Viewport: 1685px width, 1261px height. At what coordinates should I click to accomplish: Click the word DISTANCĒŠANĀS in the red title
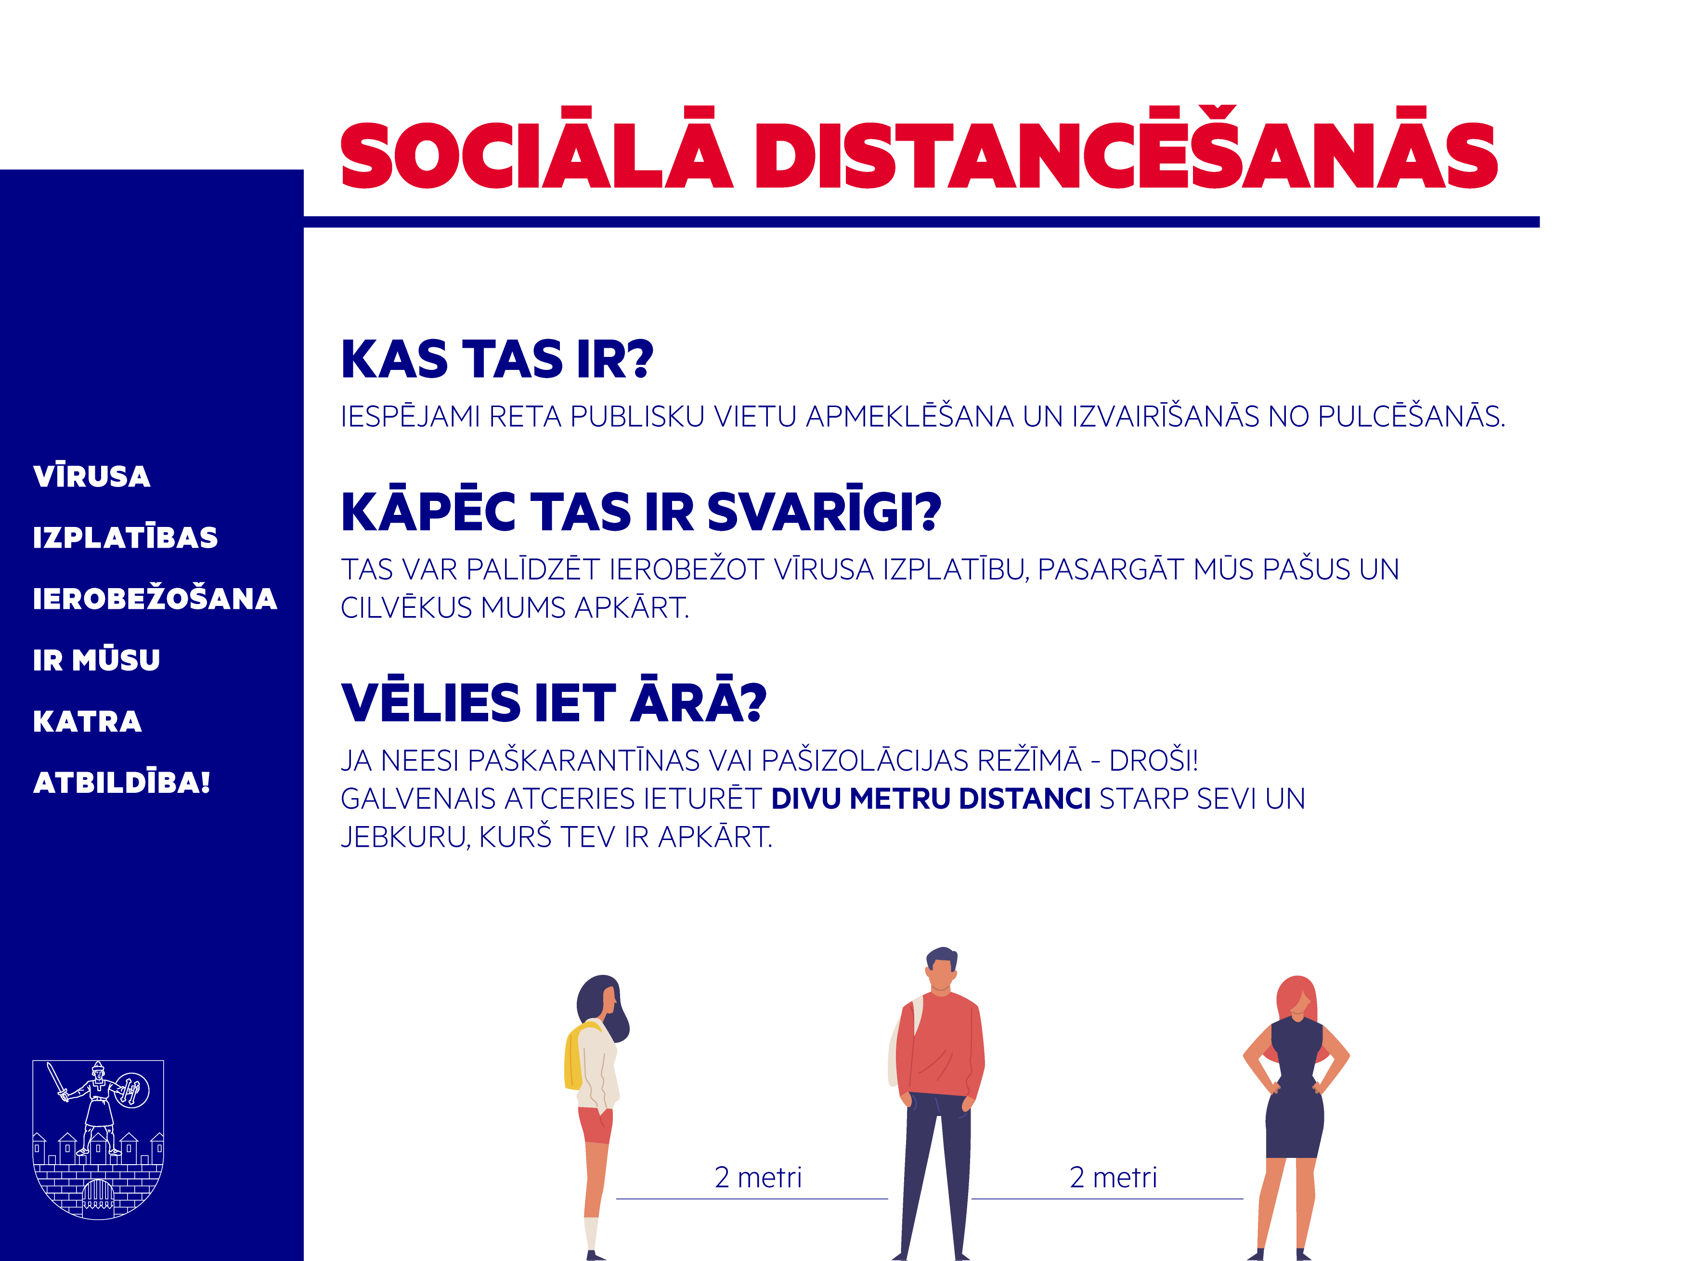1126,148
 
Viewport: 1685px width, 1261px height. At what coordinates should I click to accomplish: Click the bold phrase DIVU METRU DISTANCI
931,799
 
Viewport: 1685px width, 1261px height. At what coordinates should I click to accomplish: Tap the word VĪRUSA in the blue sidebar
91,475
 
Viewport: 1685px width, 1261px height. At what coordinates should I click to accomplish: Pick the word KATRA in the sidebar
88,721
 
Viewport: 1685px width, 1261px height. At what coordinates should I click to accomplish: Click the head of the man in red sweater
942,969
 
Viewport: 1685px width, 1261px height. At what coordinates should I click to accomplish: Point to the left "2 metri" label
758,1177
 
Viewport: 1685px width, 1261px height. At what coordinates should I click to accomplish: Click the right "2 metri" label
1113,1177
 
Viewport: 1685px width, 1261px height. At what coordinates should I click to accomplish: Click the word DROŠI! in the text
1154,761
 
